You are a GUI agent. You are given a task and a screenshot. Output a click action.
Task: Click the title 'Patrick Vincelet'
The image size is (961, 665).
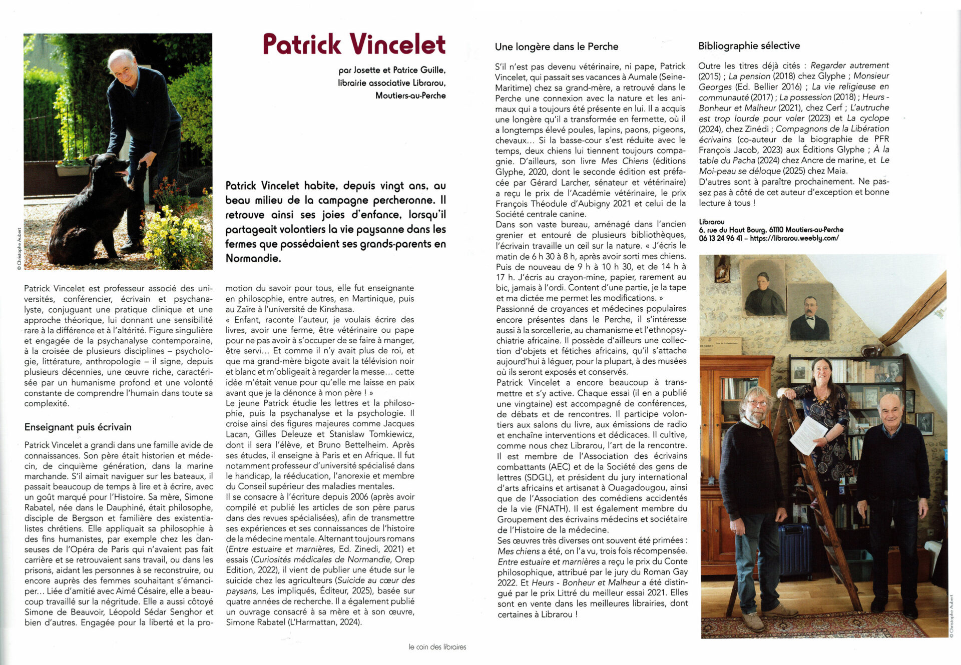click(x=354, y=44)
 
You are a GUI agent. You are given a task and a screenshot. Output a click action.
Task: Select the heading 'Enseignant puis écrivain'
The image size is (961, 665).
click(x=78, y=427)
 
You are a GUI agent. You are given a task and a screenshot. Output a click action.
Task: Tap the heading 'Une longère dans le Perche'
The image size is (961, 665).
click(x=557, y=47)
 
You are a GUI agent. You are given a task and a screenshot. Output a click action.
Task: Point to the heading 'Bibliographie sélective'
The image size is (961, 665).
click(x=749, y=46)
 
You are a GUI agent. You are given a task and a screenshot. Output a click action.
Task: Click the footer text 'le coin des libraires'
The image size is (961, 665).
click(x=437, y=646)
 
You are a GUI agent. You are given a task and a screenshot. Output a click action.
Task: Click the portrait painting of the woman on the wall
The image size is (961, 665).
click(x=764, y=290)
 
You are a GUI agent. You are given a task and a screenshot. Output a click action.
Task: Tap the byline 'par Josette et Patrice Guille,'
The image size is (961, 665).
click(x=392, y=70)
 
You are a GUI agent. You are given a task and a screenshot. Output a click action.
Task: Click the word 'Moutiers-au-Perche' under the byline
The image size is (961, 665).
click(x=410, y=95)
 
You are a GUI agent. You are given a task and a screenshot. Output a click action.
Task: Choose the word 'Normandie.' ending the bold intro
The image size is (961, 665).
click(x=253, y=258)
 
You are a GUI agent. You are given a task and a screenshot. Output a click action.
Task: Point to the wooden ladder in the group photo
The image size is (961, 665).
click(x=821, y=500)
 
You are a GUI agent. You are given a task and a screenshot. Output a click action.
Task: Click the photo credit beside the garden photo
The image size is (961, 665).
click(x=19, y=249)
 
